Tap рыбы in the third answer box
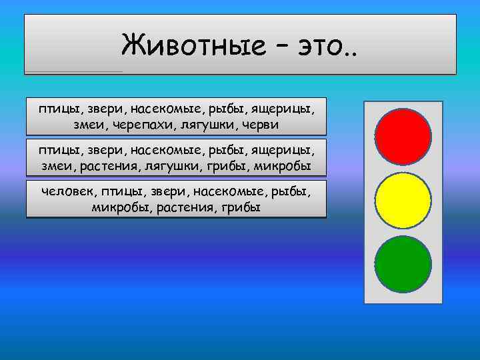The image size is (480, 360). point(291,192)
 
